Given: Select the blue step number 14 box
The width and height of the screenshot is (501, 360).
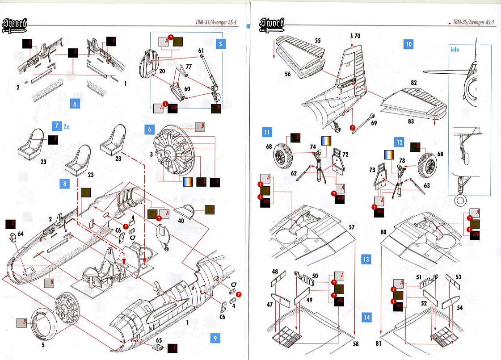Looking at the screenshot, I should pos(366,317).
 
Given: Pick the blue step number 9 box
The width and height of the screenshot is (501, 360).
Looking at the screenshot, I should pos(215,338).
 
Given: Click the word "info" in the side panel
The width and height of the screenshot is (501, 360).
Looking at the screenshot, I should pos(455,50).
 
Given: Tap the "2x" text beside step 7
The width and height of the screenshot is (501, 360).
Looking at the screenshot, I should pos(66,126).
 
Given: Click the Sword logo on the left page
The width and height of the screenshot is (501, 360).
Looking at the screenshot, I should pos(15,25).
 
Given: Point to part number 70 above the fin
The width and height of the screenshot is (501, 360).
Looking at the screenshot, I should pos(358,35).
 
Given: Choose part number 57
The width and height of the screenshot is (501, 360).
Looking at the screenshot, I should pos(352,227).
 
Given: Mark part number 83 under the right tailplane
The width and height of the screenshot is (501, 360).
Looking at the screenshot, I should pos(411,121).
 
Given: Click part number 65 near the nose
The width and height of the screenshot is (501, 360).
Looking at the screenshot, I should pos(159,340).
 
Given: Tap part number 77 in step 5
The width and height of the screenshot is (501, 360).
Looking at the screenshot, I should pos(189,67).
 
